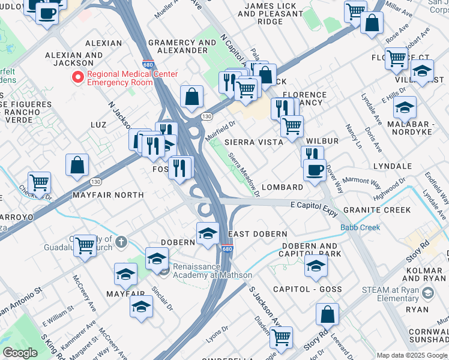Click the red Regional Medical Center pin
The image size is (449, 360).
tap(77, 77)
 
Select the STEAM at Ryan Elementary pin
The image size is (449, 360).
tap(427, 293)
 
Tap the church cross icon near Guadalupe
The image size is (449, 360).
tap(121, 242)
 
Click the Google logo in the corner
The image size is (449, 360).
tap(20, 353)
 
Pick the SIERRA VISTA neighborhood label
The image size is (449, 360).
tap(253, 142)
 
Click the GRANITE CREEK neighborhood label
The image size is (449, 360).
tap(377, 210)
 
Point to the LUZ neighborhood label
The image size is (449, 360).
tap(97, 125)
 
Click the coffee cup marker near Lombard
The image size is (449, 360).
tap(315, 170)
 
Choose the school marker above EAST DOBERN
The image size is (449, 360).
tap(208, 233)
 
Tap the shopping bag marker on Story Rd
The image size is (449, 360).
tap(327, 314)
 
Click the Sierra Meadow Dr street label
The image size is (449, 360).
tap(245, 174)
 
